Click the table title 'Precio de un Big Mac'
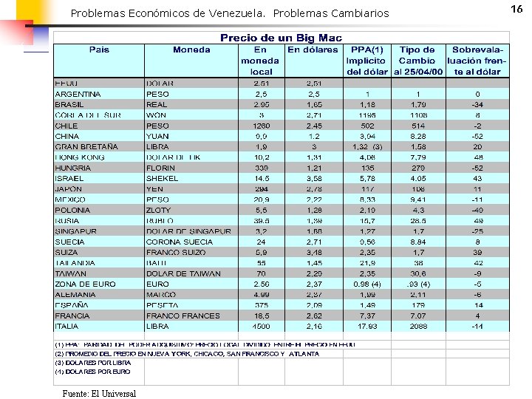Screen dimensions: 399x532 pyautogui.click(x=281, y=38)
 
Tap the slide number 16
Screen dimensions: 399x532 pyautogui.click(x=516, y=8)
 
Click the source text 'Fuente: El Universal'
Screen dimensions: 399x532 pyautogui.click(x=94, y=393)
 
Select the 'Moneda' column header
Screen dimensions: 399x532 pyautogui.click(x=191, y=50)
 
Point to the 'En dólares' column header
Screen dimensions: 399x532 pyautogui.click(x=313, y=50)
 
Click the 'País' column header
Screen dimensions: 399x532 pyautogui.click(x=99, y=50)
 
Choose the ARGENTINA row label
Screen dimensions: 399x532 pyautogui.click(x=78, y=94)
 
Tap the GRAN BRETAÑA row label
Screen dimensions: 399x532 pyautogui.click(x=86, y=147)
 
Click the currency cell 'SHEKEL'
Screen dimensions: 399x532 pyautogui.click(x=162, y=178)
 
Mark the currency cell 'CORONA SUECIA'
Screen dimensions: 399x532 pyautogui.click(x=179, y=242)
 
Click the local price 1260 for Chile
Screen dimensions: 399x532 pyautogui.click(x=261, y=126)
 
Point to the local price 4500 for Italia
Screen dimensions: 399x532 pyautogui.click(x=261, y=326)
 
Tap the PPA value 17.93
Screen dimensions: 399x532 pyautogui.click(x=367, y=326)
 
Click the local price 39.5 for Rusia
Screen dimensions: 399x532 pyautogui.click(x=261, y=220)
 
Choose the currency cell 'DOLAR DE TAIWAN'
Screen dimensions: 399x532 pyautogui.click(x=183, y=273)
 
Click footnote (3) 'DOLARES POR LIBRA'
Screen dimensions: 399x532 pyautogui.click(x=92, y=363)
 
